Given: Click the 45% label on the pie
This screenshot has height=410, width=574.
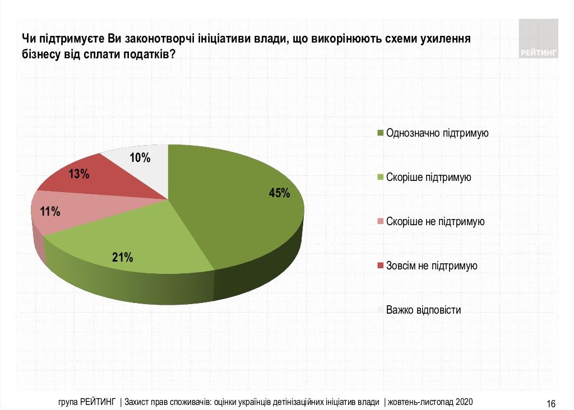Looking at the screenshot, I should point(279,193).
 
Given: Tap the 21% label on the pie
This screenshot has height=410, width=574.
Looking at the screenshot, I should point(122,258).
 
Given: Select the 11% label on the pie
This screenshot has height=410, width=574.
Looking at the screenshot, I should point(50,212).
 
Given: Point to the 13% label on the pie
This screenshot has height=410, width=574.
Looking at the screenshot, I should point(79,174).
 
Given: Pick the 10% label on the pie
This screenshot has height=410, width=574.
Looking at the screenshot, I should point(140,158).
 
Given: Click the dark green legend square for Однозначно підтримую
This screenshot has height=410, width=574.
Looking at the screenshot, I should point(381,133).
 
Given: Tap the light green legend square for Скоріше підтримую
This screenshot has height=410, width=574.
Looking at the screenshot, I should point(381,178).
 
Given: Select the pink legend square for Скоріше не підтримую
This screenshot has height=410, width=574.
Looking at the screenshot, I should point(381,222).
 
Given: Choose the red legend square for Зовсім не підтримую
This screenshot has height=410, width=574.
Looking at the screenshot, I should point(381,265).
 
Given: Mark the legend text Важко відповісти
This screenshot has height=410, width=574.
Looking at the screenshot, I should point(423,310).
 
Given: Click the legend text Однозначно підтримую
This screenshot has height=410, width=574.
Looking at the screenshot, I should point(438,133).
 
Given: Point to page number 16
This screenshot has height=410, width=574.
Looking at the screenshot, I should point(550,403).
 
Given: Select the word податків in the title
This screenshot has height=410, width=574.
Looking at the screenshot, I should point(143,54).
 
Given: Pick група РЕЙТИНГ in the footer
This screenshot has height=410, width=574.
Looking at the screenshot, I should point(87,402).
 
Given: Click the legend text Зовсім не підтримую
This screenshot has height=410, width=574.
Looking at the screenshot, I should point(432,265).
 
